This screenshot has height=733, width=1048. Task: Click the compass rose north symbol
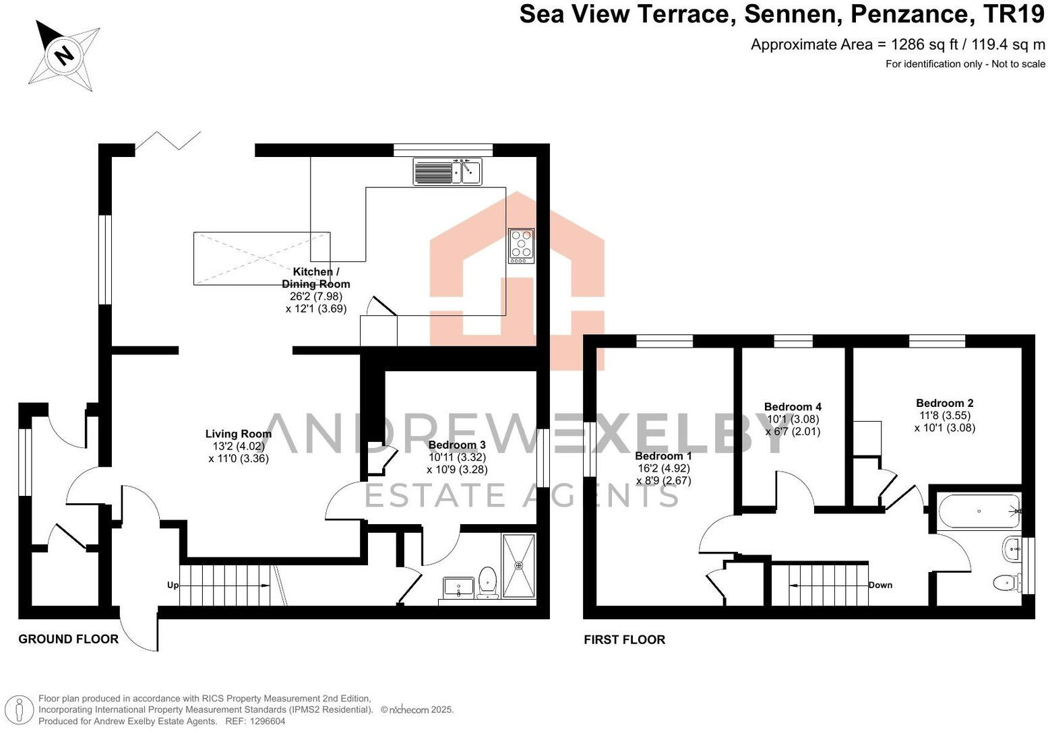coord(64,54)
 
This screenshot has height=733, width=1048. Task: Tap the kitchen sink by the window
coord(448,172)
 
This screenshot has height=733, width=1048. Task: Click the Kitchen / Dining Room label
coord(316,278)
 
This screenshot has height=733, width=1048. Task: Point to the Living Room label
coord(239,434)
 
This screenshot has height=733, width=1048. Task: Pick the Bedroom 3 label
coord(457,445)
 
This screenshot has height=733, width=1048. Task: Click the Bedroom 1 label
coord(663,456)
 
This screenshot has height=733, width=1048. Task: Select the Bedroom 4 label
coord(793,407)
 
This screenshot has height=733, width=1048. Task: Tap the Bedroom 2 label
coord(944,403)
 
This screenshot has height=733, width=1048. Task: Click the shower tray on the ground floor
coord(519,565)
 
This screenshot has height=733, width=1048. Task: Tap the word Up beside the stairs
coord(173,585)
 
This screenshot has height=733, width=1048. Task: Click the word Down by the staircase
coord(880,585)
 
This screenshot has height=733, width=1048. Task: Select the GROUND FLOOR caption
coord(68,639)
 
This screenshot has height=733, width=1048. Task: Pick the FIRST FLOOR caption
coord(624,639)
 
